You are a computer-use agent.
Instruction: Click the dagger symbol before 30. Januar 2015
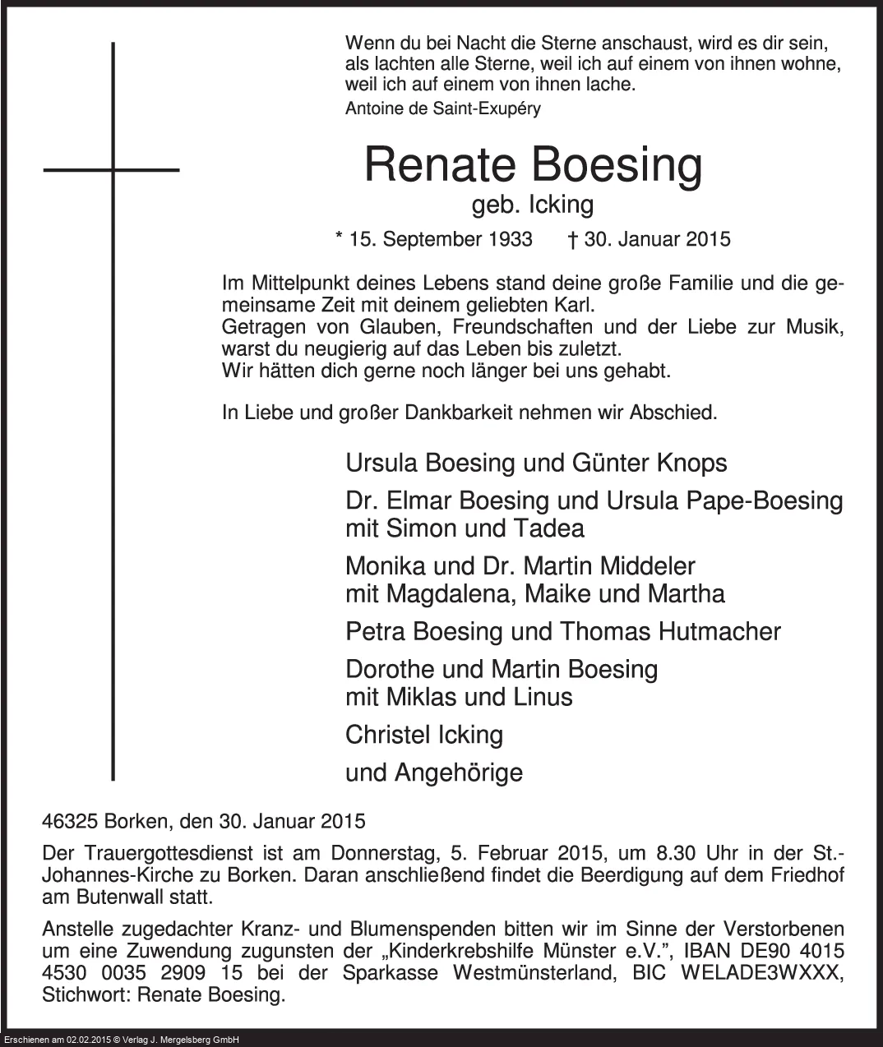571,239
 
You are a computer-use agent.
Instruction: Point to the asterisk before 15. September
340,238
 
